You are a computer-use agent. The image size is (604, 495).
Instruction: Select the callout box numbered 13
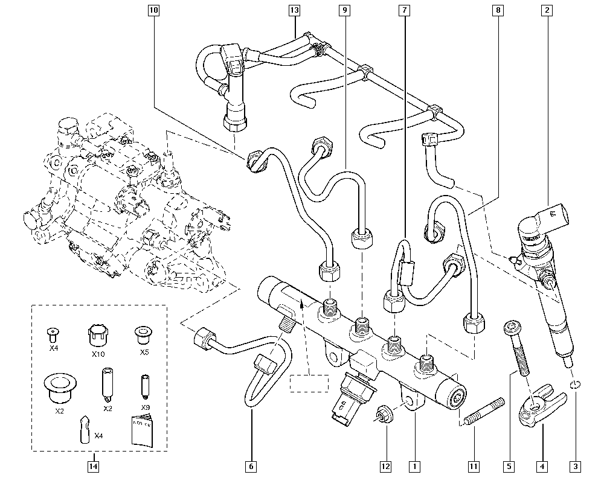(x=294, y=10)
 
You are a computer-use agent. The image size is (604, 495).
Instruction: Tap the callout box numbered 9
(x=344, y=10)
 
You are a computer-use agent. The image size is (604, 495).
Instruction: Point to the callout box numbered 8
(x=497, y=10)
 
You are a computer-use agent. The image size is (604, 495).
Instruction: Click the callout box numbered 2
(x=547, y=10)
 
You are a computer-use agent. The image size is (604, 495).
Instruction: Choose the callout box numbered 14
(x=93, y=466)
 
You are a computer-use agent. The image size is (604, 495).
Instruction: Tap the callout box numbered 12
(x=385, y=466)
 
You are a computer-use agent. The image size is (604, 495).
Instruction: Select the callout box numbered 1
(x=414, y=466)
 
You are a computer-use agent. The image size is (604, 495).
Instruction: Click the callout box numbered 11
(x=474, y=466)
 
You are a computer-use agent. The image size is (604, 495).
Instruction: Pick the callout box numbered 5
(x=509, y=466)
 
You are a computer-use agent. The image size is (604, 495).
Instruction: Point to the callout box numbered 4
(x=542, y=466)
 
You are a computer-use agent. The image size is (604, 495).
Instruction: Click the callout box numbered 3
(x=576, y=466)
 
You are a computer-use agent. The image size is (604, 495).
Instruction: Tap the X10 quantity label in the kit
(x=98, y=354)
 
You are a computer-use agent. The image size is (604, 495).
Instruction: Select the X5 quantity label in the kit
(x=144, y=351)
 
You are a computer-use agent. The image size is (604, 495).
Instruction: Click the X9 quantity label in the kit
(x=146, y=407)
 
